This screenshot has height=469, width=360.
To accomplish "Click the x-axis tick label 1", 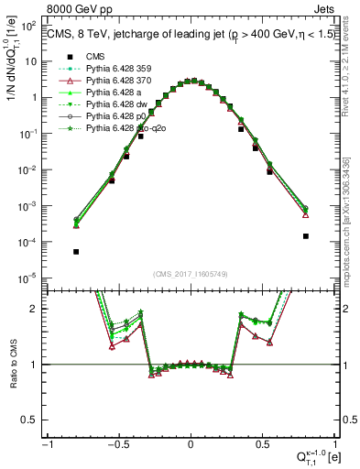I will [x=334, y=444].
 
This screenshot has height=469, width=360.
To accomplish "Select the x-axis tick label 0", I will [x=191, y=444].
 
